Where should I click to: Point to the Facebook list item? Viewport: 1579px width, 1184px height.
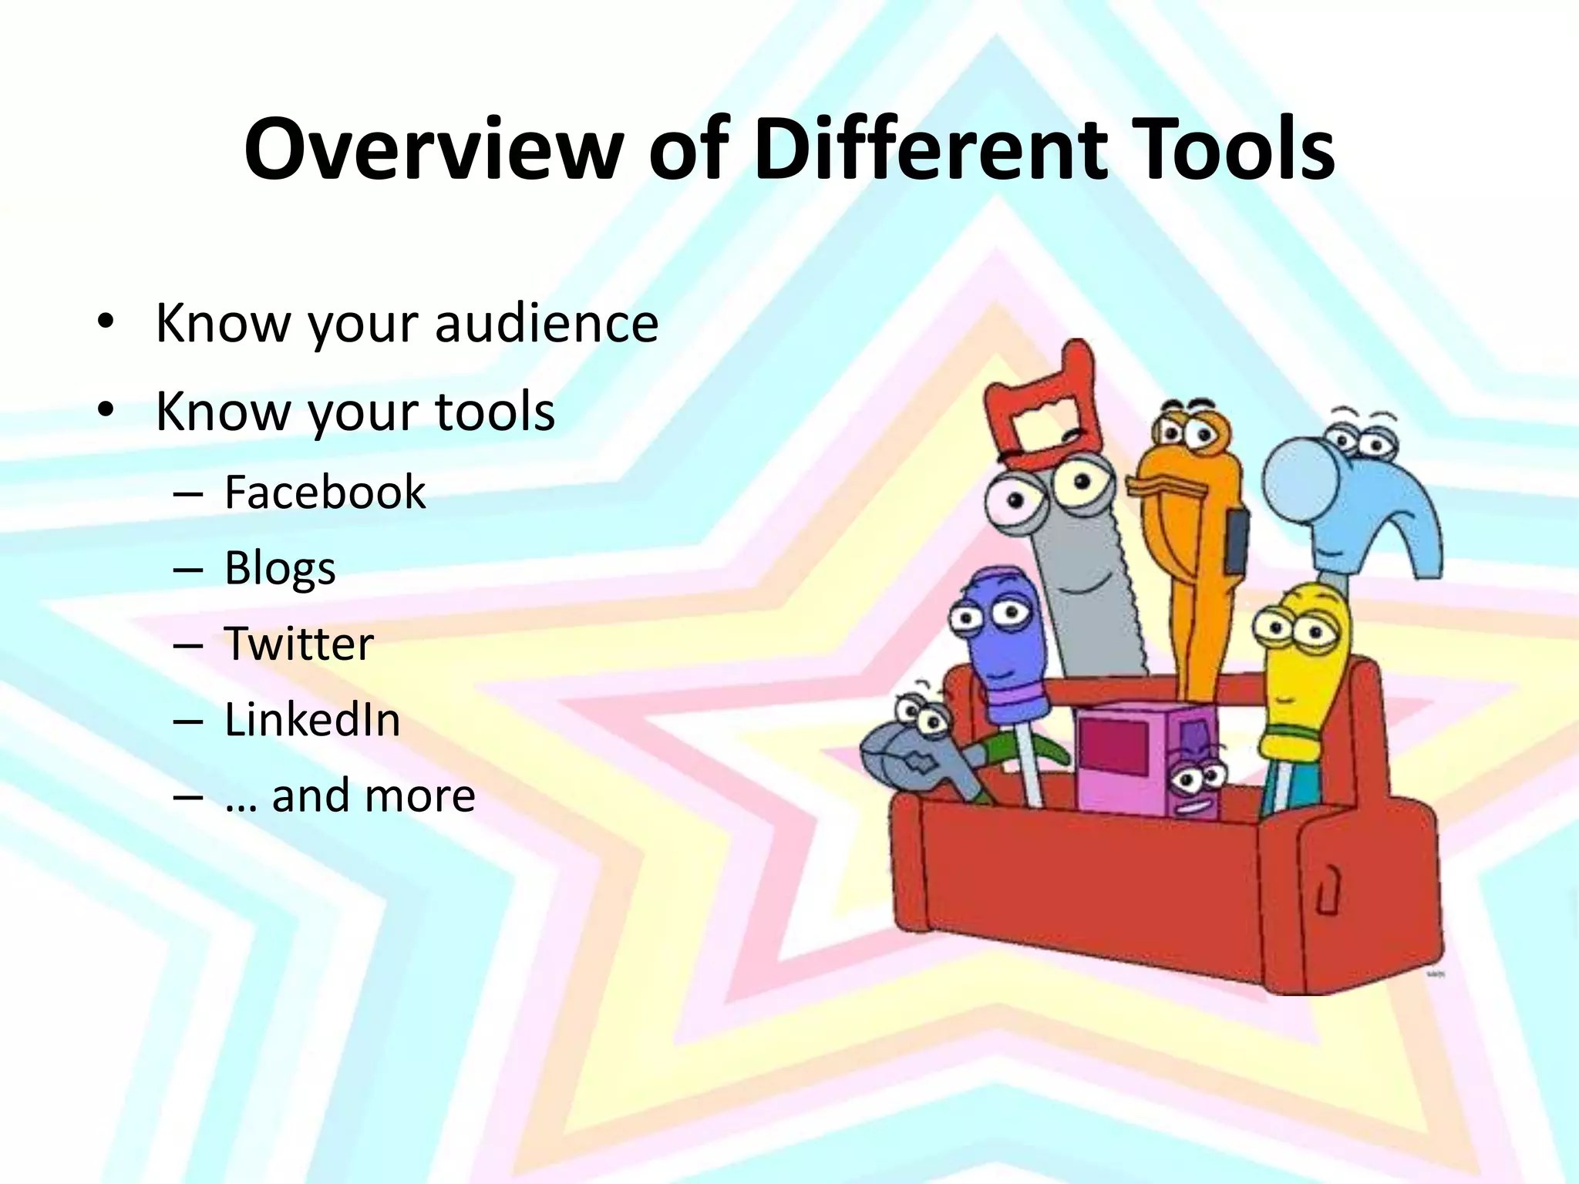coord(324,492)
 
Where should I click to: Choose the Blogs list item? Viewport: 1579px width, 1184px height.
coord(279,569)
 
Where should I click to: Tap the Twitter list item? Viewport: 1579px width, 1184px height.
coord(298,644)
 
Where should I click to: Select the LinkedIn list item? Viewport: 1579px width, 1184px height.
coord(311,720)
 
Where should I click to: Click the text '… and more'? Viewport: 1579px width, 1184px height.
coord(349,795)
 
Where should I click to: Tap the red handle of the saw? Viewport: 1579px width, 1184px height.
coord(1041,409)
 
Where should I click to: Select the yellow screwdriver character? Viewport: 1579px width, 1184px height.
coord(1303,678)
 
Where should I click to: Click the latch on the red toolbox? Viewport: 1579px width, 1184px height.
coord(1328,890)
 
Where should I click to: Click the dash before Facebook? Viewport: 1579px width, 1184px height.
coord(188,493)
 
